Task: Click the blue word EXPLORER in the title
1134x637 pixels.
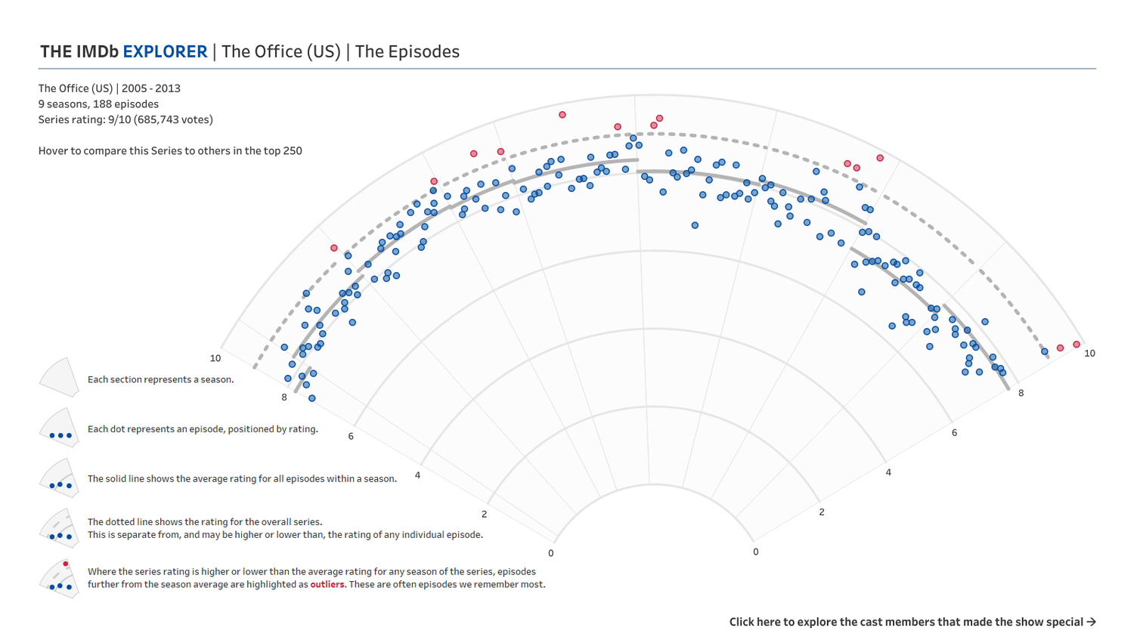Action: [165, 51]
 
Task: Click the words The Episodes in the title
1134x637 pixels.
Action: [407, 51]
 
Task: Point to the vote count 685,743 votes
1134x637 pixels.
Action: [172, 119]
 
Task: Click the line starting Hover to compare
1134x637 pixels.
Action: [170, 150]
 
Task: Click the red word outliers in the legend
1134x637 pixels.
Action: [327, 584]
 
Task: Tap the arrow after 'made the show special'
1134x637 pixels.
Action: [1091, 622]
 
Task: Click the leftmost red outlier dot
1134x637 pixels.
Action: [334, 248]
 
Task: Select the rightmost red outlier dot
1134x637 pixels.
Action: [1077, 345]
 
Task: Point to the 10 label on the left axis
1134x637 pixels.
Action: [215, 358]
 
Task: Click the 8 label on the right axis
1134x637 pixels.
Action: [1021, 393]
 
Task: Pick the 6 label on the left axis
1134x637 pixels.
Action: [351, 436]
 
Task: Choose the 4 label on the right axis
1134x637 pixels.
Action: [888, 472]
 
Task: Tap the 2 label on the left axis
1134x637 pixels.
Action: [485, 515]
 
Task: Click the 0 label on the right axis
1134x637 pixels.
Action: [755, 552]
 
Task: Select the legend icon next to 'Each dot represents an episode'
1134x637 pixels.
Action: [60, 428]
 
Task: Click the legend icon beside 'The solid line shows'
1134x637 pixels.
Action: [60, 478]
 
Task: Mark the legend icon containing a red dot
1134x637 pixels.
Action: [60, 578]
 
